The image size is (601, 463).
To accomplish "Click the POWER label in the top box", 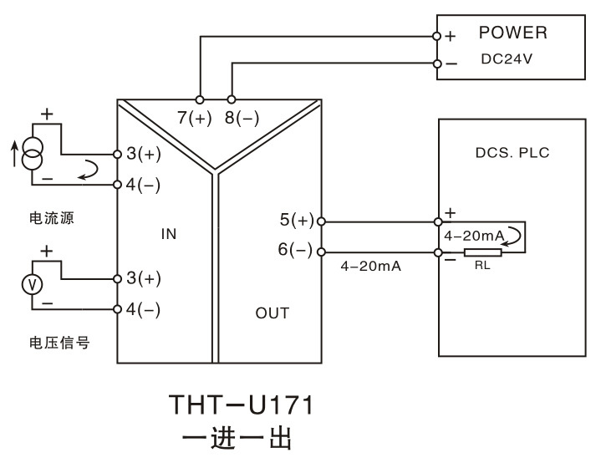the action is (x=513, y=33).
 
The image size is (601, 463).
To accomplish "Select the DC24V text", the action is (x=507, y=59).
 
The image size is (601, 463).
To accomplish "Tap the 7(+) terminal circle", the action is (x=200, y=99).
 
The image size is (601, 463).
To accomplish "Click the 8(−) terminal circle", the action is (x=232, y=99).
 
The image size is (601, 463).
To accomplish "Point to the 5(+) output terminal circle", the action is (x=322, y=221).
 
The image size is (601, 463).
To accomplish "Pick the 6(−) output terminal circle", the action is (x=322, y=252).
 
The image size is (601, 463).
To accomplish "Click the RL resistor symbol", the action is (x=483, y=252).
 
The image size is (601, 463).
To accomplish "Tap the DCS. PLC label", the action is (x=512, y=153).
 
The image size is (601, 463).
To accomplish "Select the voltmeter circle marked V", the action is (x=33, y=285).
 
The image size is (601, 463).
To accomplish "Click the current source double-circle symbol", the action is (x=33, y=153).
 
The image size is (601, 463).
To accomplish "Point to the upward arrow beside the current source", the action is (x=14, y=154).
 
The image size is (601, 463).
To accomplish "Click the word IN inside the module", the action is (x=169, y=234).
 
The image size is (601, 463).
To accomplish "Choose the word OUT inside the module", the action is (x=272, y=313).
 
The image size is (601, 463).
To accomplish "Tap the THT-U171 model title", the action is (x=241, y=404).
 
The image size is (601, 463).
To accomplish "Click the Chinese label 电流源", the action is (x=52, y=218).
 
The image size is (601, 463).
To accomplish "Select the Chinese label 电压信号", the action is (x=59, y=343).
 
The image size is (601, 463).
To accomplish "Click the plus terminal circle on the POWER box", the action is (x=436, y=36).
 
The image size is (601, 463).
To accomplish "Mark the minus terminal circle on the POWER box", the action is (x=437, y=64).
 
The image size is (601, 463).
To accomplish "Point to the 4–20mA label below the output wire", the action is (x=370, y=266).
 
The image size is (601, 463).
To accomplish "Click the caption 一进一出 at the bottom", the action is (x=237, y=437).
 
